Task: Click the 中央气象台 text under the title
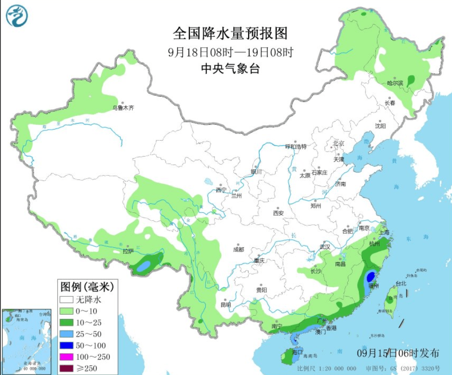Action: click(230, 68)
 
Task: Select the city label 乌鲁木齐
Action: click(123, 108)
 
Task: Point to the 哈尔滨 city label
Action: click(395, 83)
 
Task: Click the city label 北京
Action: click(338, 143)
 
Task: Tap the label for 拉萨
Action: click(128, 251)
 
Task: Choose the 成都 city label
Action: click(238, 250)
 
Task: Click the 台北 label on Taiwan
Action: click(401, 283)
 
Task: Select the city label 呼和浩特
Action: click(295, 146)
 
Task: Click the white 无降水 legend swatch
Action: click(66, 300)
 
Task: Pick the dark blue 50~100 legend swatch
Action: click(66, 346)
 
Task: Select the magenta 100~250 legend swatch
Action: click(66, 357)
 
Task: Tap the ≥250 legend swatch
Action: click(66, 368)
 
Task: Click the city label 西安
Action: click(278, 213)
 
